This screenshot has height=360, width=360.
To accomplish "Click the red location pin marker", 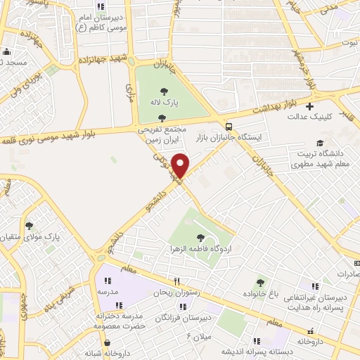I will point(181,165).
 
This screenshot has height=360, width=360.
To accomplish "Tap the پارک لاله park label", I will point(162,103).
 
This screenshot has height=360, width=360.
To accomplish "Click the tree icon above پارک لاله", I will point(163,91).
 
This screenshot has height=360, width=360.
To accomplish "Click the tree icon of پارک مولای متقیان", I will point(30,226).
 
